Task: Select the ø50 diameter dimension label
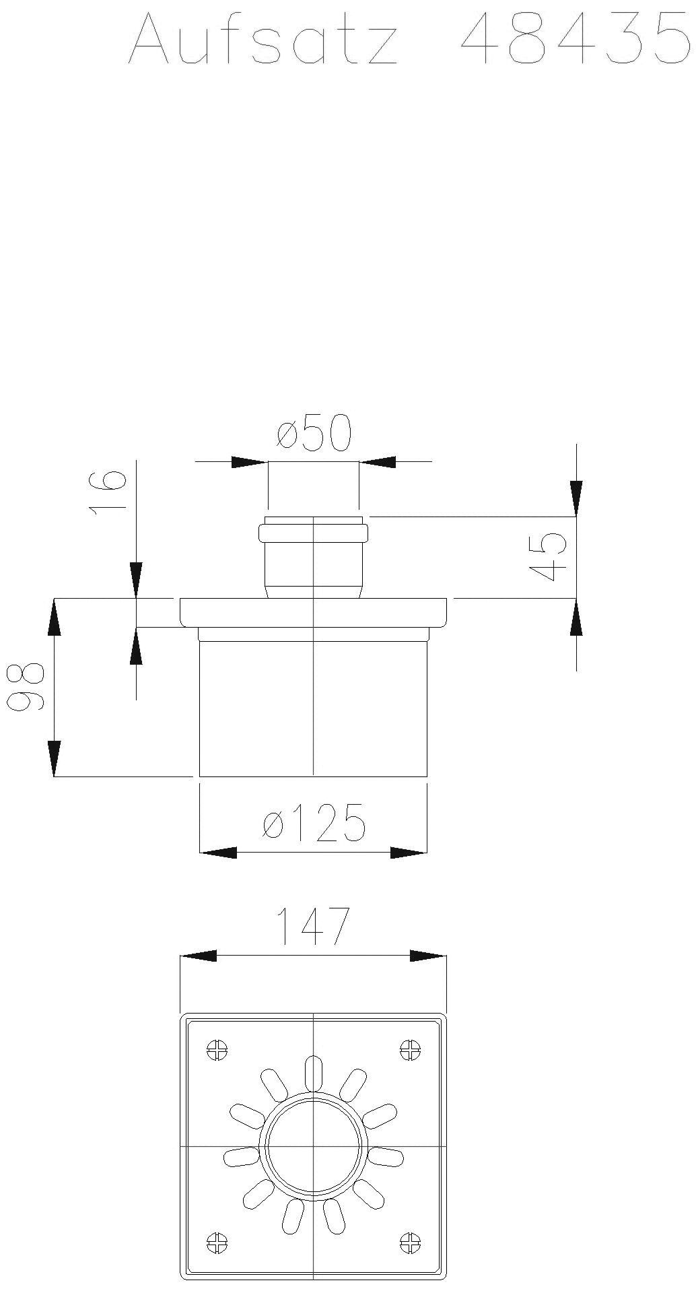(314, 434)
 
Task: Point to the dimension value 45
(547, 556)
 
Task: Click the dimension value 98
(26, 687)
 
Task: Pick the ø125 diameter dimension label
(314, 823)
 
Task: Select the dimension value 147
(314, 927)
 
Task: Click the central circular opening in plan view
(314, 1145)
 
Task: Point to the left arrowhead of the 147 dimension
(199, 956)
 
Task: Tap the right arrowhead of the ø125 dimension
(409, 853)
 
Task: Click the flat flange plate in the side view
(314, 611)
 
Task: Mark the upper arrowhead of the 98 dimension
(55, 616)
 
